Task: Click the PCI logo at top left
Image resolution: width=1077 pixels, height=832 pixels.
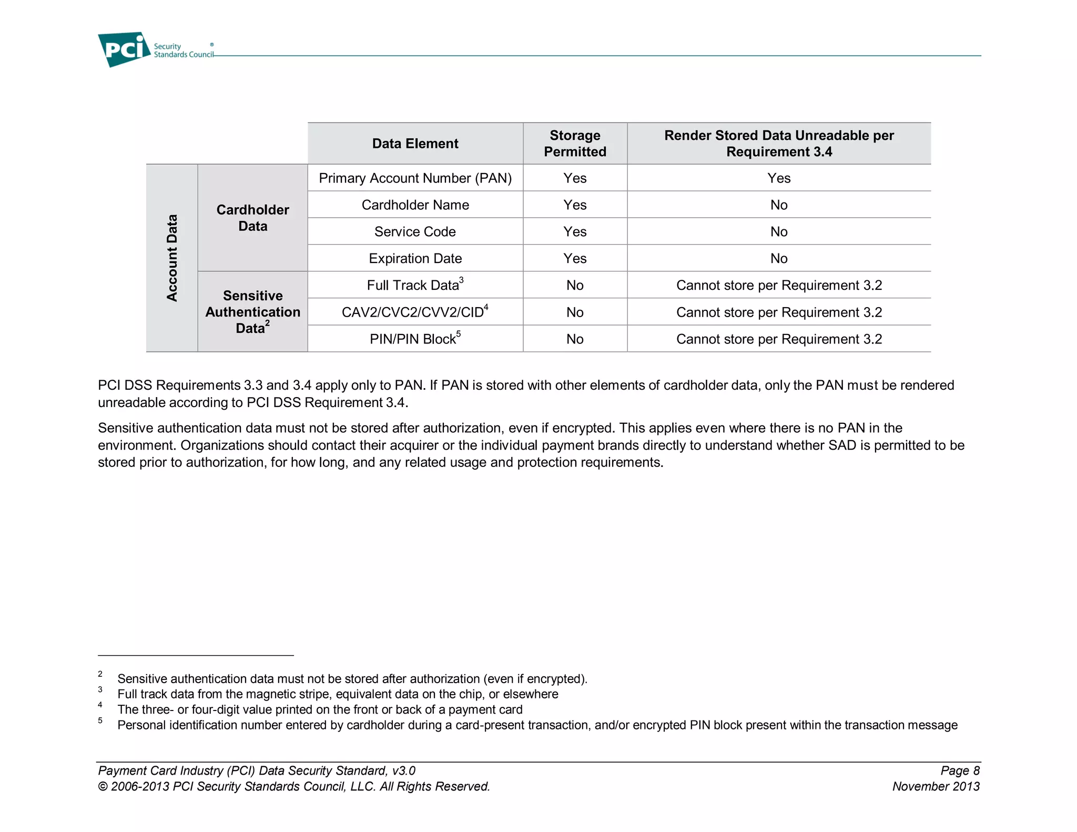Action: click(124, 49)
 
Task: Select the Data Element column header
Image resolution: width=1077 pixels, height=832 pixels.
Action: click(415, 144)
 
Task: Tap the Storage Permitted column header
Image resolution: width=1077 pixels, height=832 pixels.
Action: click(575, 144)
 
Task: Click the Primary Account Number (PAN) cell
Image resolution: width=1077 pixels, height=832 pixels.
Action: click(415, 178)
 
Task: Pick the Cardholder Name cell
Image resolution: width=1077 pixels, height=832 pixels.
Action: click(415, 205)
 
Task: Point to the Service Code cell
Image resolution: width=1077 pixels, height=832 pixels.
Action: click(415, 232)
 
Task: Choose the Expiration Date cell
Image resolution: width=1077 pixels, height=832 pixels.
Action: click(415, 259)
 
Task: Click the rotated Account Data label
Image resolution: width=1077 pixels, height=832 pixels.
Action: click(172, 258)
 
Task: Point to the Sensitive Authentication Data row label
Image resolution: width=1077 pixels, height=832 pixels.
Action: click(252, 312)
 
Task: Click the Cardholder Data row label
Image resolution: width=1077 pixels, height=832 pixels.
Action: click(252, 218)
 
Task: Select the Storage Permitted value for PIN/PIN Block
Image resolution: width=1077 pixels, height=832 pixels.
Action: click(575, 339)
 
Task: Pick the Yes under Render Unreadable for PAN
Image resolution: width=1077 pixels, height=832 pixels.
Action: click(779, 178)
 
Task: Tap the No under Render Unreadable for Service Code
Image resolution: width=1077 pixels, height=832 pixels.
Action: click(779, 232)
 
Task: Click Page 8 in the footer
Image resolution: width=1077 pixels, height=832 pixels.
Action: click(960, 771)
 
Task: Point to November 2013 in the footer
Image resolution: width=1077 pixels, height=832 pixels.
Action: click(936, 787)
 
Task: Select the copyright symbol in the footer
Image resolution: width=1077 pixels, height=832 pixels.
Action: click(102, 787)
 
